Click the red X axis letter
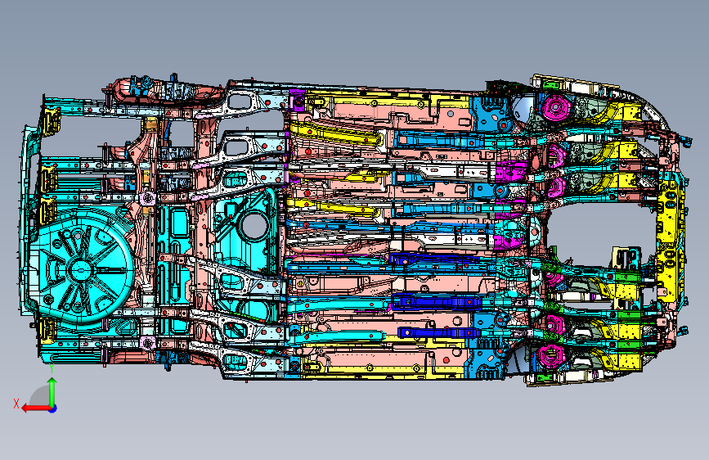click(16, 404)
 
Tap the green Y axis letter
click(52, 368)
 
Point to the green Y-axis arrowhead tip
click(52, 378)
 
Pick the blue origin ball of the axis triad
click(53, 408)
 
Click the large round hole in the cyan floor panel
click(253, 225)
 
